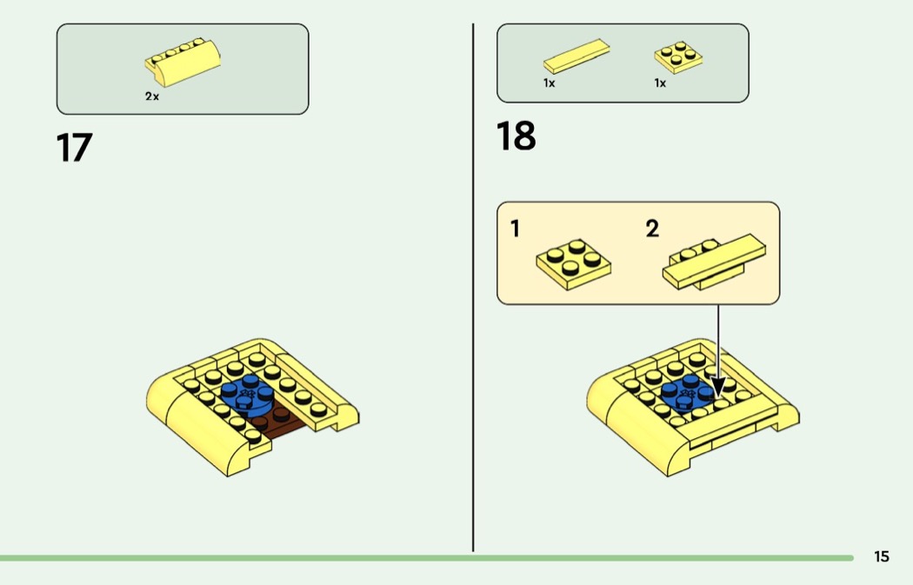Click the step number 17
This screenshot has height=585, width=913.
(74, 147)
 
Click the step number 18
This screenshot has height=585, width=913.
(516, 136)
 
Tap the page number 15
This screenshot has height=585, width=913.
(882, 556)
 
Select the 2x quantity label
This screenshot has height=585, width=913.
(152, 96)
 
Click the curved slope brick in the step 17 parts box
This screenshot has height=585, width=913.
(183, 63)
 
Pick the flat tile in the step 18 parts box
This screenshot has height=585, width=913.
(576, 56)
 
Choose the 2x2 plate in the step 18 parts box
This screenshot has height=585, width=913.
(678, 57)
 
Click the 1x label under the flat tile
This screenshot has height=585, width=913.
(549, 83)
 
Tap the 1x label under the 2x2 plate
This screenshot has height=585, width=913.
(660, 83)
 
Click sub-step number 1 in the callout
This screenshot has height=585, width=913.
(515, 229)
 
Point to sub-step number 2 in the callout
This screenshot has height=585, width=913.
(652, 229)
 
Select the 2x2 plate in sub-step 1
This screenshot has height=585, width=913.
(574, 264)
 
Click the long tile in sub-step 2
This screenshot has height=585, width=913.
(715, 260)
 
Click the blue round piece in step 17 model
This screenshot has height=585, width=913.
(248, 395)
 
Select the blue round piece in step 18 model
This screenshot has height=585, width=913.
(687, 395)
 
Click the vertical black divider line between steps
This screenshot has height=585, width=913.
(473, 288)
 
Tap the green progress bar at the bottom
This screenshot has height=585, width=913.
(427, 558)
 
